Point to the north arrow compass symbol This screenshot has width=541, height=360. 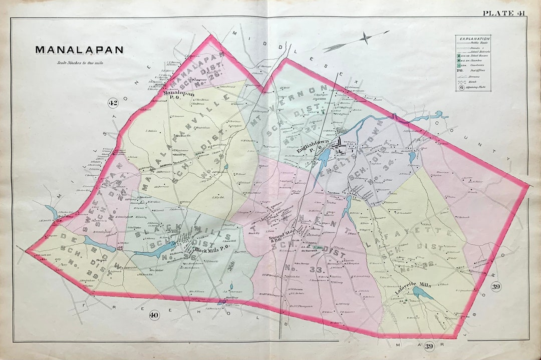pos(366,38)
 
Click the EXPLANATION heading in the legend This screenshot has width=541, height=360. pos(473,38)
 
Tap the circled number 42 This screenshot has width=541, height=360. pos(113,103)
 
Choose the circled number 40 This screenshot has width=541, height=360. pos(154,315)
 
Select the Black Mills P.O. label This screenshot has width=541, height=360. pos(210,249)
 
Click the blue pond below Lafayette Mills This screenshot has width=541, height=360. pos(423,293)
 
